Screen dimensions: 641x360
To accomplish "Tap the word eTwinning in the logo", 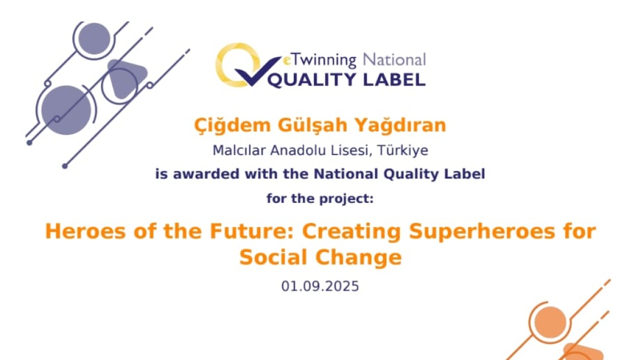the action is click(x=320, y=60).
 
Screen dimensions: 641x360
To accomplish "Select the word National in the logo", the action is click(x=395, y=60).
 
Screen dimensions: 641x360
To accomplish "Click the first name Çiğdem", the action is click(x=232, y=125).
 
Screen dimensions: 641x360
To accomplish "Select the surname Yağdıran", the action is click(x=400, y=125).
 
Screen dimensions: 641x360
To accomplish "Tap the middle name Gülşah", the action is click(x=312, y=125).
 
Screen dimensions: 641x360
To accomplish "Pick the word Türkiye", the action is click(x=402, y=150).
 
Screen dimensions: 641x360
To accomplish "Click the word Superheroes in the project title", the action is click(x=482, y=231).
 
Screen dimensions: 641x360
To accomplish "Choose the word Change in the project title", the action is click(x=358, y=257).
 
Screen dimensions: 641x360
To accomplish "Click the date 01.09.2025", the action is click(x=320, y=286).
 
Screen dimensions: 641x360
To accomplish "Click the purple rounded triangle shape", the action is click(x=125, y=77).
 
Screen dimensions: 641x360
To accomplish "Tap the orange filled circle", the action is click(x=550, y=322).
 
